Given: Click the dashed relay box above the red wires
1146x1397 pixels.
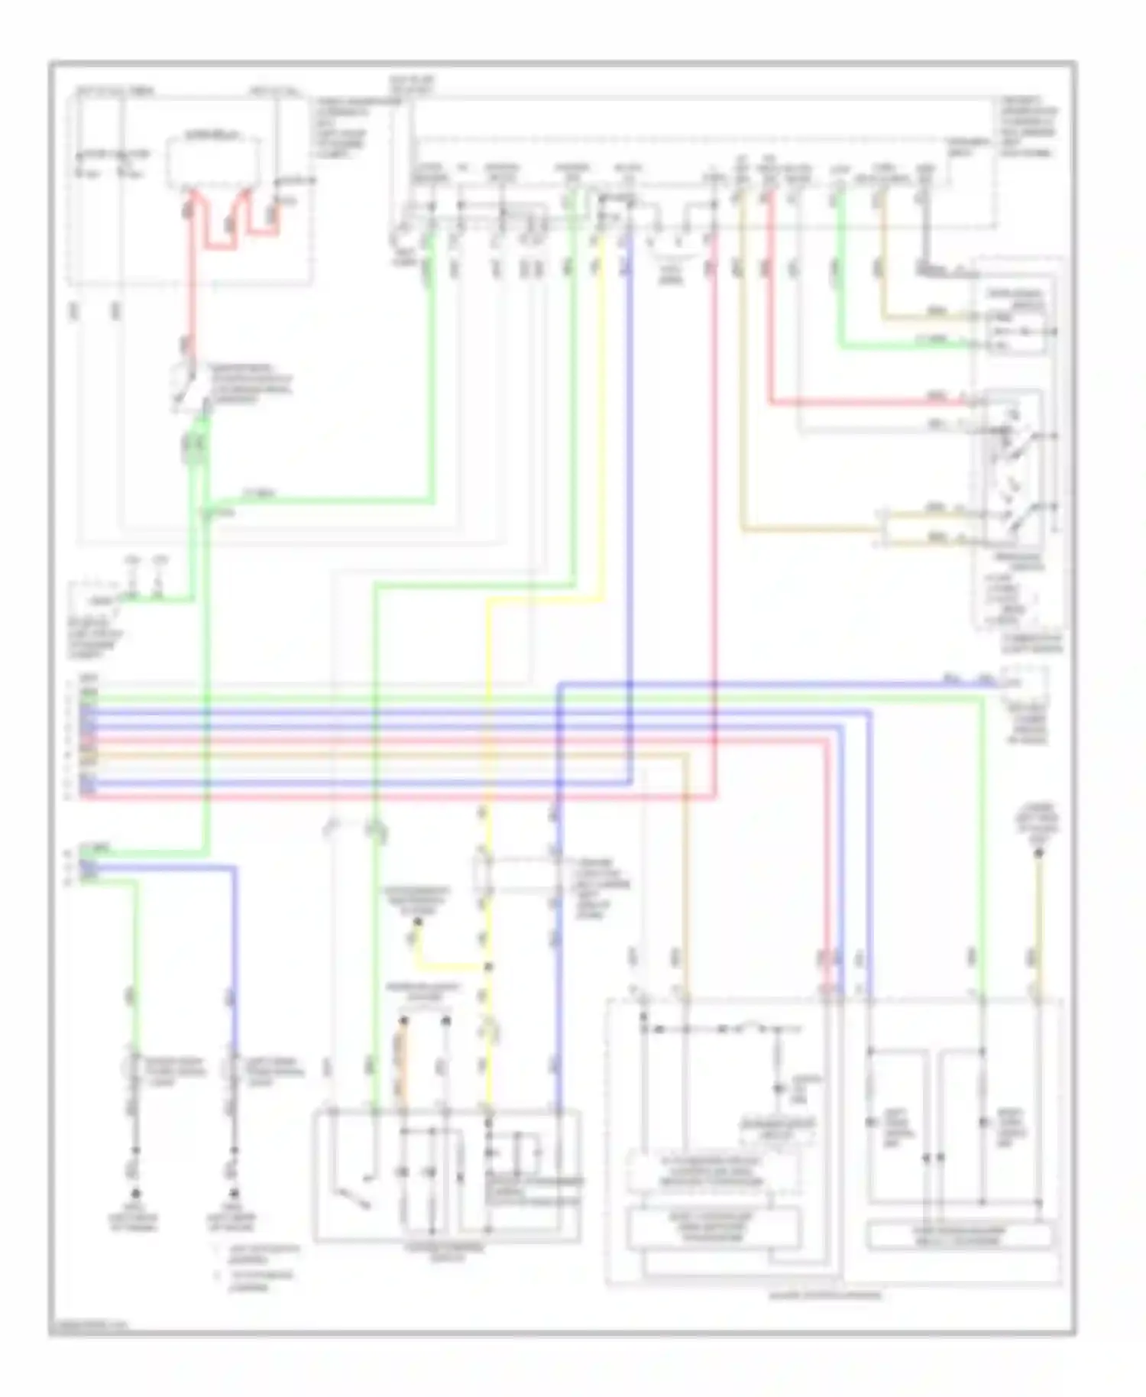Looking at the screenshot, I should pos(213,162).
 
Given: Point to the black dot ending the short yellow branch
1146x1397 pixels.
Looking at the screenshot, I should pos(416,924).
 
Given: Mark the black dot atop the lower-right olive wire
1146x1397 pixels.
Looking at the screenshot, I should pos(1038,852).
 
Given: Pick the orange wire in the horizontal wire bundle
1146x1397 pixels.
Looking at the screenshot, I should pos(382,755).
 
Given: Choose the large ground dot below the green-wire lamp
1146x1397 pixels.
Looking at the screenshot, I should pos(136,1194).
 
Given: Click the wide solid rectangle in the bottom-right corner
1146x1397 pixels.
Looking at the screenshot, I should pos(959,1236).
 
